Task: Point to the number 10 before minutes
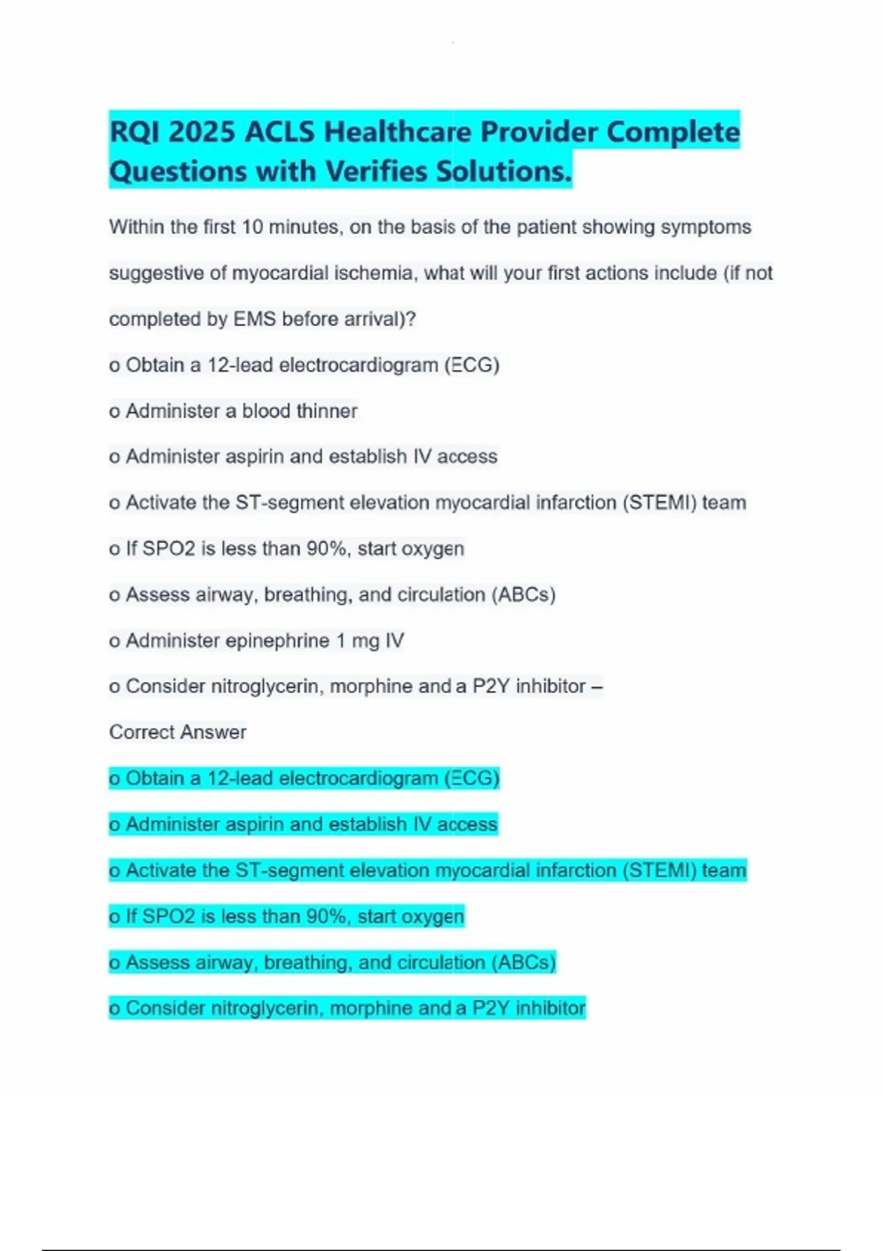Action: pyautogui.click(x=252, y=227)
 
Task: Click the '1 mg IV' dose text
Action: pyautogui.click(x=370, y=641)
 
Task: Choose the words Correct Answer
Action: pyautogui.click(x=177, y=732)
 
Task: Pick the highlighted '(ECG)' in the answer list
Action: pyautogui.click(x=472, y=779)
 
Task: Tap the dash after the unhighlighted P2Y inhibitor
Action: pyautogui.click(x=597, y=687)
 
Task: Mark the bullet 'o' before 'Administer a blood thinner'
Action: pyautogui.click(x=115, y=411)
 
